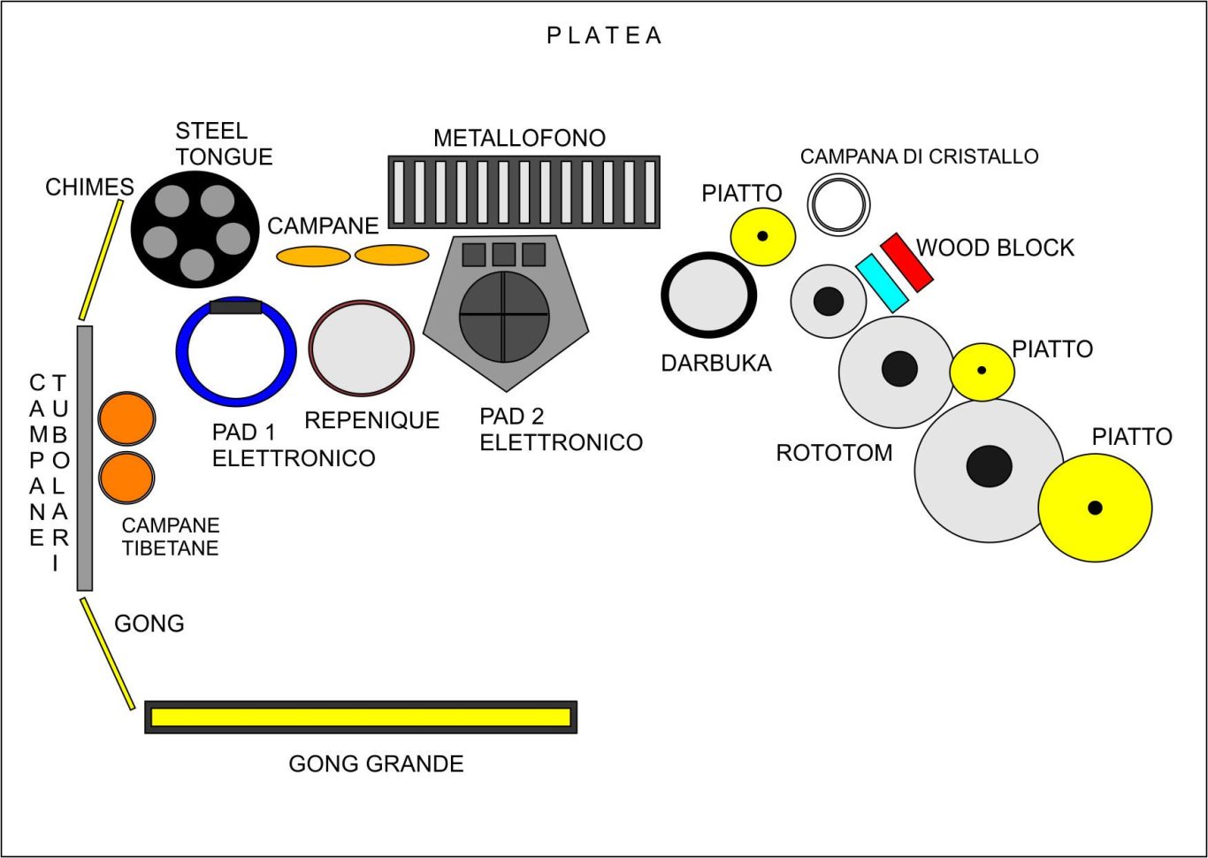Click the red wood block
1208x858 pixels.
(x=906, y=263)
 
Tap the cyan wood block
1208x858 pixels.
(x=882, y=283)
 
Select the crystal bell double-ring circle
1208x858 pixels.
(x=838, y=204)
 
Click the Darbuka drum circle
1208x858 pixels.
(x=708, y=295)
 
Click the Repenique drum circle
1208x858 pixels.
(x=361, y=349)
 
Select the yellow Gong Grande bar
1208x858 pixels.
(x=361, y=717)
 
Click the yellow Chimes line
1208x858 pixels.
(x=101, y=260)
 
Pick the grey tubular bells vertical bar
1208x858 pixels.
(x=85, y=457)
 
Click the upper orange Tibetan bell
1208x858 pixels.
(x=126, y=418)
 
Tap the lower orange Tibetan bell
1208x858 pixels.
(x=126, y=477)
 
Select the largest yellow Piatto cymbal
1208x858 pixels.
(x=1095, y=508)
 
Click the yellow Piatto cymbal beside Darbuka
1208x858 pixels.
(x=762, y=236)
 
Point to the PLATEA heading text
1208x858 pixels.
(x=604, y=35)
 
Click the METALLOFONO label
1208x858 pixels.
(x=519, y=139)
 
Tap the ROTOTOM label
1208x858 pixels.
(x=834, y=453)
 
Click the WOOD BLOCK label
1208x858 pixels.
(x=995, y=248)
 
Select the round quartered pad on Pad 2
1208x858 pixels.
(x=504, y=316)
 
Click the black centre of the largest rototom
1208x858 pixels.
(x=989, y=466)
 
